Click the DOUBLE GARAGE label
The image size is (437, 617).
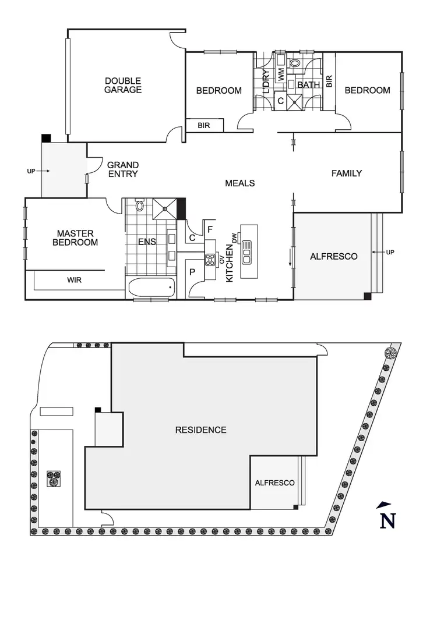tap(123, 85)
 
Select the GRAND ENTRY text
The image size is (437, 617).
tap(122, 169)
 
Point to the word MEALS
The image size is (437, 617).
tap(240, 183)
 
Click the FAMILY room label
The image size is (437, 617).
tap(347, 173)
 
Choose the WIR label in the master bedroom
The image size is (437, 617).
tap(74, 280)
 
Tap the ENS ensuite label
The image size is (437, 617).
tap(146, 242)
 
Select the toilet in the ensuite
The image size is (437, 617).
tap(140, 205)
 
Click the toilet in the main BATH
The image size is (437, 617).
tap(295, 62)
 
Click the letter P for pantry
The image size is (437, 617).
tap(192, 272)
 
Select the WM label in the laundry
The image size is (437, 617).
tap(281, 75)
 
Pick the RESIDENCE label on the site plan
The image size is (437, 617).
tap(200, 430)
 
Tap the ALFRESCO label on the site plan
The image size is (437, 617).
tap(274, 483)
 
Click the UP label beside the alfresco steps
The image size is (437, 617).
tap(391, 253)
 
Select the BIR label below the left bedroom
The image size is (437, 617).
tap(203, 125)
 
